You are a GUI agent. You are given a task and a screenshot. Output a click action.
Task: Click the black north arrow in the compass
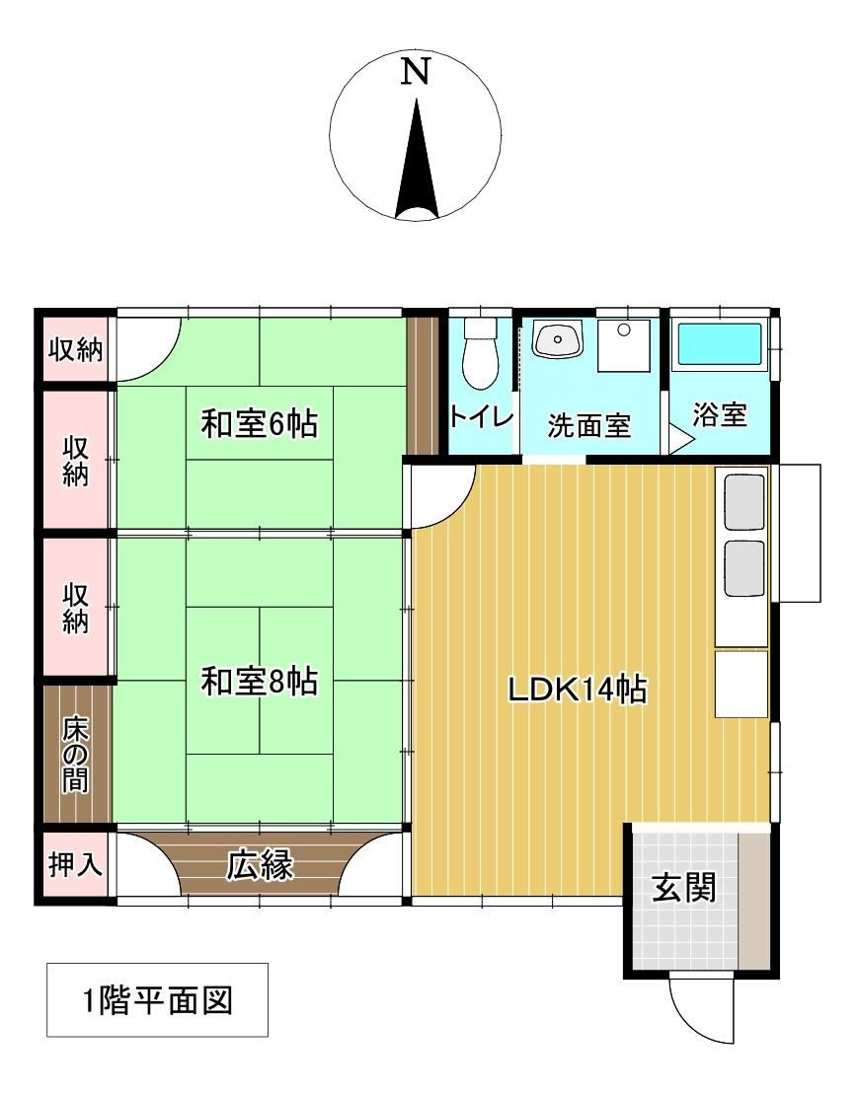[417, 161]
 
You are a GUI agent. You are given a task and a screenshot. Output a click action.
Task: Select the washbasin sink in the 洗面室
[558, 339]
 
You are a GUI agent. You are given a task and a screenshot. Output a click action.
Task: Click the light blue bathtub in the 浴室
[720, 344]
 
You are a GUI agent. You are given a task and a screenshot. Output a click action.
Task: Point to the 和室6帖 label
[260, 423]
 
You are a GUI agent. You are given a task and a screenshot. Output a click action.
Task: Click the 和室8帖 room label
[260, 681]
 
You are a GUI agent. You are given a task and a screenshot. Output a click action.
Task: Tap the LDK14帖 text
[577, 690]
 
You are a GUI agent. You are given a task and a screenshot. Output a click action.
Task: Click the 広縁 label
[260, 866]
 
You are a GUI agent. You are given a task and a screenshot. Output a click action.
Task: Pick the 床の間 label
[75, 755]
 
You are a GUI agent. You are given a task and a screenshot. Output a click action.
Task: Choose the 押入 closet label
[75, 864]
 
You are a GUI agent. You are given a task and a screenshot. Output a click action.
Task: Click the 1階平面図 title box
[157, 1000]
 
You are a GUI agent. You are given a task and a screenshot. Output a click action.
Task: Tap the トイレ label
[482, 416]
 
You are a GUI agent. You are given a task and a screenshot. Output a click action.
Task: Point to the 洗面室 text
[588, 425]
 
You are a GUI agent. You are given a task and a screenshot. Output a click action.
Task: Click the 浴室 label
[720, 414]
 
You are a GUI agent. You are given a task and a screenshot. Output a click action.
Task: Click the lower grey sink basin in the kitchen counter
[744, 568]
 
